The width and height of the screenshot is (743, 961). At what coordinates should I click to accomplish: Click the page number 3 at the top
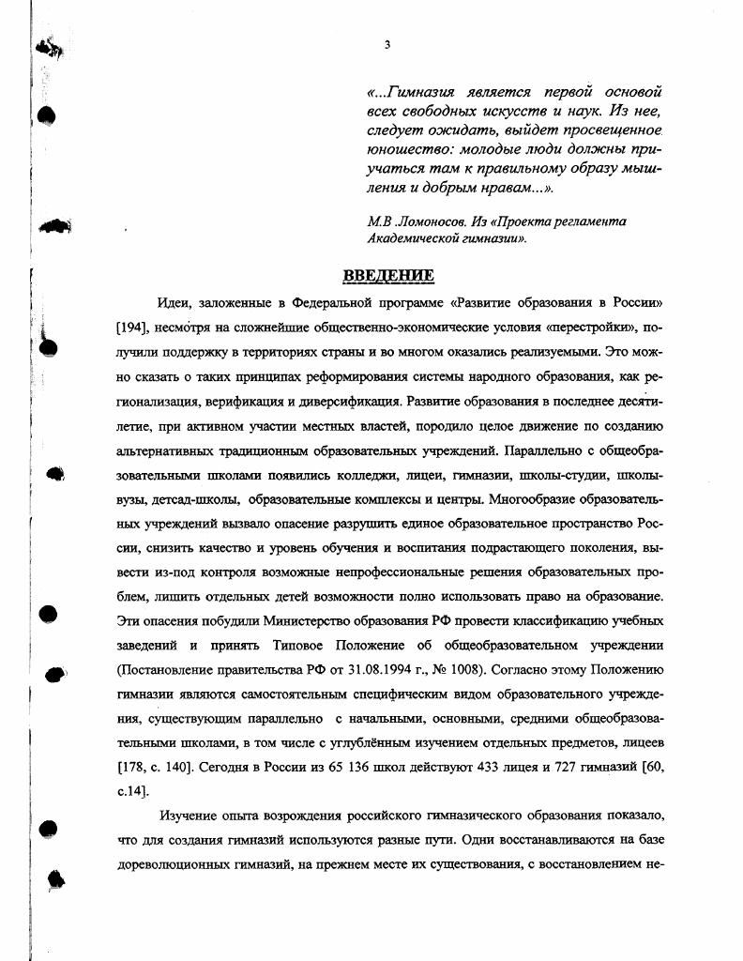point(387,45)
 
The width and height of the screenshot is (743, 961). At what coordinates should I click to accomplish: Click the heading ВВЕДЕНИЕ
point(388,275)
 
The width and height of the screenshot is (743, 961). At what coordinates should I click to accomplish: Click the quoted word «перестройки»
point(582,329)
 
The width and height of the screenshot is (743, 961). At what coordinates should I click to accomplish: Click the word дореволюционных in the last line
point(173,865)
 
